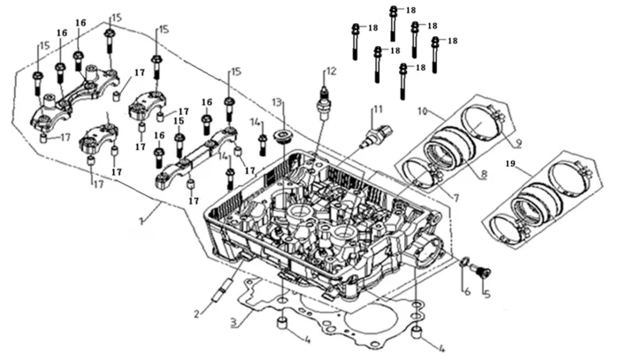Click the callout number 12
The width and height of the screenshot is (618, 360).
point(331,70)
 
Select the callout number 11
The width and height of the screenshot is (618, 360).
point(377,109)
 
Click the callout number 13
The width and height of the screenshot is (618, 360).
point(278,104)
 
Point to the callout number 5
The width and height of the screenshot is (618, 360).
point(485,294)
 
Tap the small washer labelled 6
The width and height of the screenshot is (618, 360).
point(464,261)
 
